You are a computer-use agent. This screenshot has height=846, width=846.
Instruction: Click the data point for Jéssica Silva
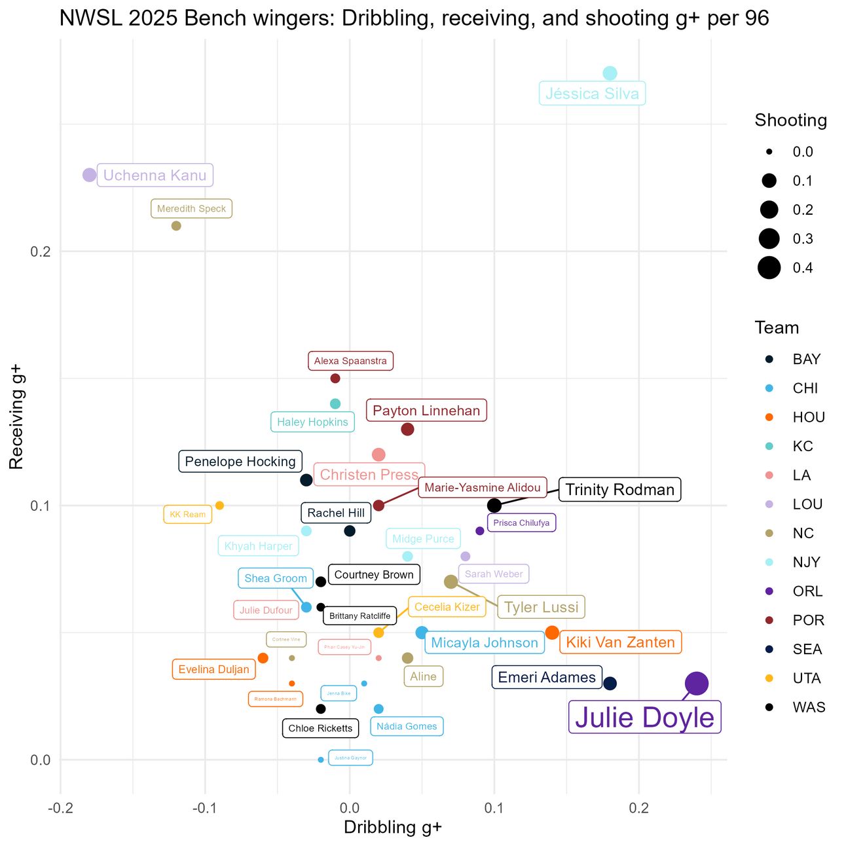(x=610, y=73)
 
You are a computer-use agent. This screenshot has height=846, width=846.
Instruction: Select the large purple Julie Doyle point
(x=697, y=684)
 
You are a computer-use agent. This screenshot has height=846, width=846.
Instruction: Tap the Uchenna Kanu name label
(x=155, y=175)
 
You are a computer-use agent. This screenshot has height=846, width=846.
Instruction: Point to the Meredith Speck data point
(x=176, y=226)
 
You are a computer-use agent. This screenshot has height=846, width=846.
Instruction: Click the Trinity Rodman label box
(x=619, y=490)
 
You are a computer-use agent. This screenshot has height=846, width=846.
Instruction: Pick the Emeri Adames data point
(x=610, y=684)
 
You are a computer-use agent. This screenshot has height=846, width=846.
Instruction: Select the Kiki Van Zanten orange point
(x=552, y=633)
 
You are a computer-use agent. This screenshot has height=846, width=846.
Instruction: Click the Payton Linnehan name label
(x=426, y=411)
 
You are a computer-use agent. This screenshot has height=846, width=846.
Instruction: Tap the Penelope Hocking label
(x=240, y=462)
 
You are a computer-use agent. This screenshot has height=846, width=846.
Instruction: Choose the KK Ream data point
(x=219, y=506)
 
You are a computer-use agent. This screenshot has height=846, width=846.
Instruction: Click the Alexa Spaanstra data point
(x=335, y=378)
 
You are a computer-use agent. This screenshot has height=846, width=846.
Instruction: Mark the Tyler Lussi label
(x=541, y=607)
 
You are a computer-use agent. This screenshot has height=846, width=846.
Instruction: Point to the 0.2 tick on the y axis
(x=41, y=252)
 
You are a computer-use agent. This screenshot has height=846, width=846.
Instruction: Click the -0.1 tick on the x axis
(x=205, y=808)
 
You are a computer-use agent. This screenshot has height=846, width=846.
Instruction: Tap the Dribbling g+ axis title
(x=393, y=828)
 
